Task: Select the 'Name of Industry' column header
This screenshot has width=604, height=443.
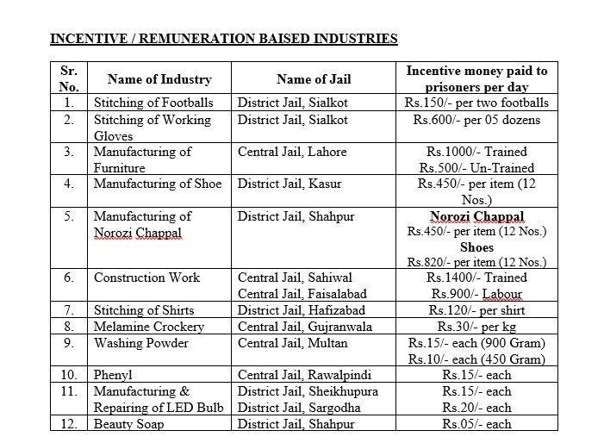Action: coord(153,79)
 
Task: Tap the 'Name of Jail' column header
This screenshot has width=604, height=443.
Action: coord(313,79)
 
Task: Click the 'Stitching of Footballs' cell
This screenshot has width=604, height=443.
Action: coord(153,103)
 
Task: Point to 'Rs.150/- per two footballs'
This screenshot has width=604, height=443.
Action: coord(476,103)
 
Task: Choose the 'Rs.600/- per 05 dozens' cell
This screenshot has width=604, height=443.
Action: coord(476,119)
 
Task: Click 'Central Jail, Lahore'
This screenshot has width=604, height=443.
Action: coord(292,152)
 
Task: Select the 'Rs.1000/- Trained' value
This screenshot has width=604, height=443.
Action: coord(476,152)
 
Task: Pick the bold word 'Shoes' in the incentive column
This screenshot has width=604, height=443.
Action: coord(476,247)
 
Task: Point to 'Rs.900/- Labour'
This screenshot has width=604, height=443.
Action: coord(476,294)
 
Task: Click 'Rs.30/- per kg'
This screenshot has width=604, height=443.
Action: coord(476,327)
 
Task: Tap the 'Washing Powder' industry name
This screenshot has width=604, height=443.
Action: coord(140,343)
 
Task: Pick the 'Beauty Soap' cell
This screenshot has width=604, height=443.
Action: coord(128,424)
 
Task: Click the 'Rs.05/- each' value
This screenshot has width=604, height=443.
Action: coord(476,424)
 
